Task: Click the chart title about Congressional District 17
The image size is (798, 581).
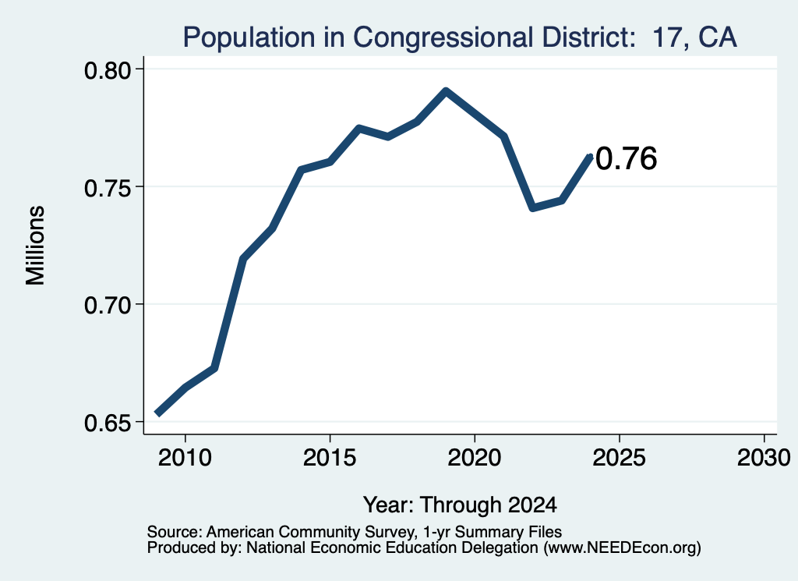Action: coord(460,37)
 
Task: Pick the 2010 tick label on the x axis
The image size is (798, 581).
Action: coord(185,457)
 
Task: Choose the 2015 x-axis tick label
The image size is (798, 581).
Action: coord(330,457)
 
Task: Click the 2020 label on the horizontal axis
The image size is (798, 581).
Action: coord(475,457)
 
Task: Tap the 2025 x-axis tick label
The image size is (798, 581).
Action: coord(620,457)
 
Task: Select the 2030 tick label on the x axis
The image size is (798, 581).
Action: coord(764,457)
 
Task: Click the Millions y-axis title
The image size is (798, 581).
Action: coord(35,246)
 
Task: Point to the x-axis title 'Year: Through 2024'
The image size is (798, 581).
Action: coord(460,505)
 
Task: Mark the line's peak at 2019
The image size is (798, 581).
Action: coord(446,92)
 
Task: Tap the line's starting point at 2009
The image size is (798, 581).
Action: coord(157,413)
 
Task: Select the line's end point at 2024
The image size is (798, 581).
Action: coord(591,156)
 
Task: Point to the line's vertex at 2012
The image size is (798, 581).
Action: coord(243,259)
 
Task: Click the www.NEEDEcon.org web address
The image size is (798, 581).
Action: coord(623,547)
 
